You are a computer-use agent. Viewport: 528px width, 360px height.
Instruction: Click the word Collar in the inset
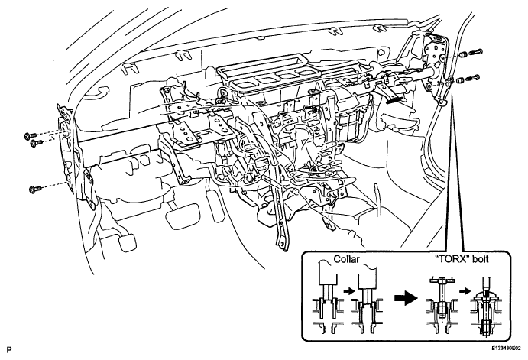pyautogui.click(x=346, y=259)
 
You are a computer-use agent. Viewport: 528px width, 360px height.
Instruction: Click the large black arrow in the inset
pyautogui.click(x=406, y=297)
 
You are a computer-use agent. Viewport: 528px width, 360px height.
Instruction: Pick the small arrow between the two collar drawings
pyautogui.click(x=349, y=290)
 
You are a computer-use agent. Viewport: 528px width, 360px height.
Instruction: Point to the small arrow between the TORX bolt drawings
pyautogui.click(x=466, y=290)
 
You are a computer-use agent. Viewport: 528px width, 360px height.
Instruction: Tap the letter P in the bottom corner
pyautogui.click(x=8, y=349)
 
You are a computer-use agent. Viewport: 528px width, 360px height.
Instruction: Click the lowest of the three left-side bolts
pyautogui.click(x=35, y=190)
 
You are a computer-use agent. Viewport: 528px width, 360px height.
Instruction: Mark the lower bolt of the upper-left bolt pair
pyautogui.click(x=36, y=143)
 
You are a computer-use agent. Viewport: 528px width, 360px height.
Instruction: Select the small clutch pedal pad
pyautogui.click(x=128, y=242)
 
